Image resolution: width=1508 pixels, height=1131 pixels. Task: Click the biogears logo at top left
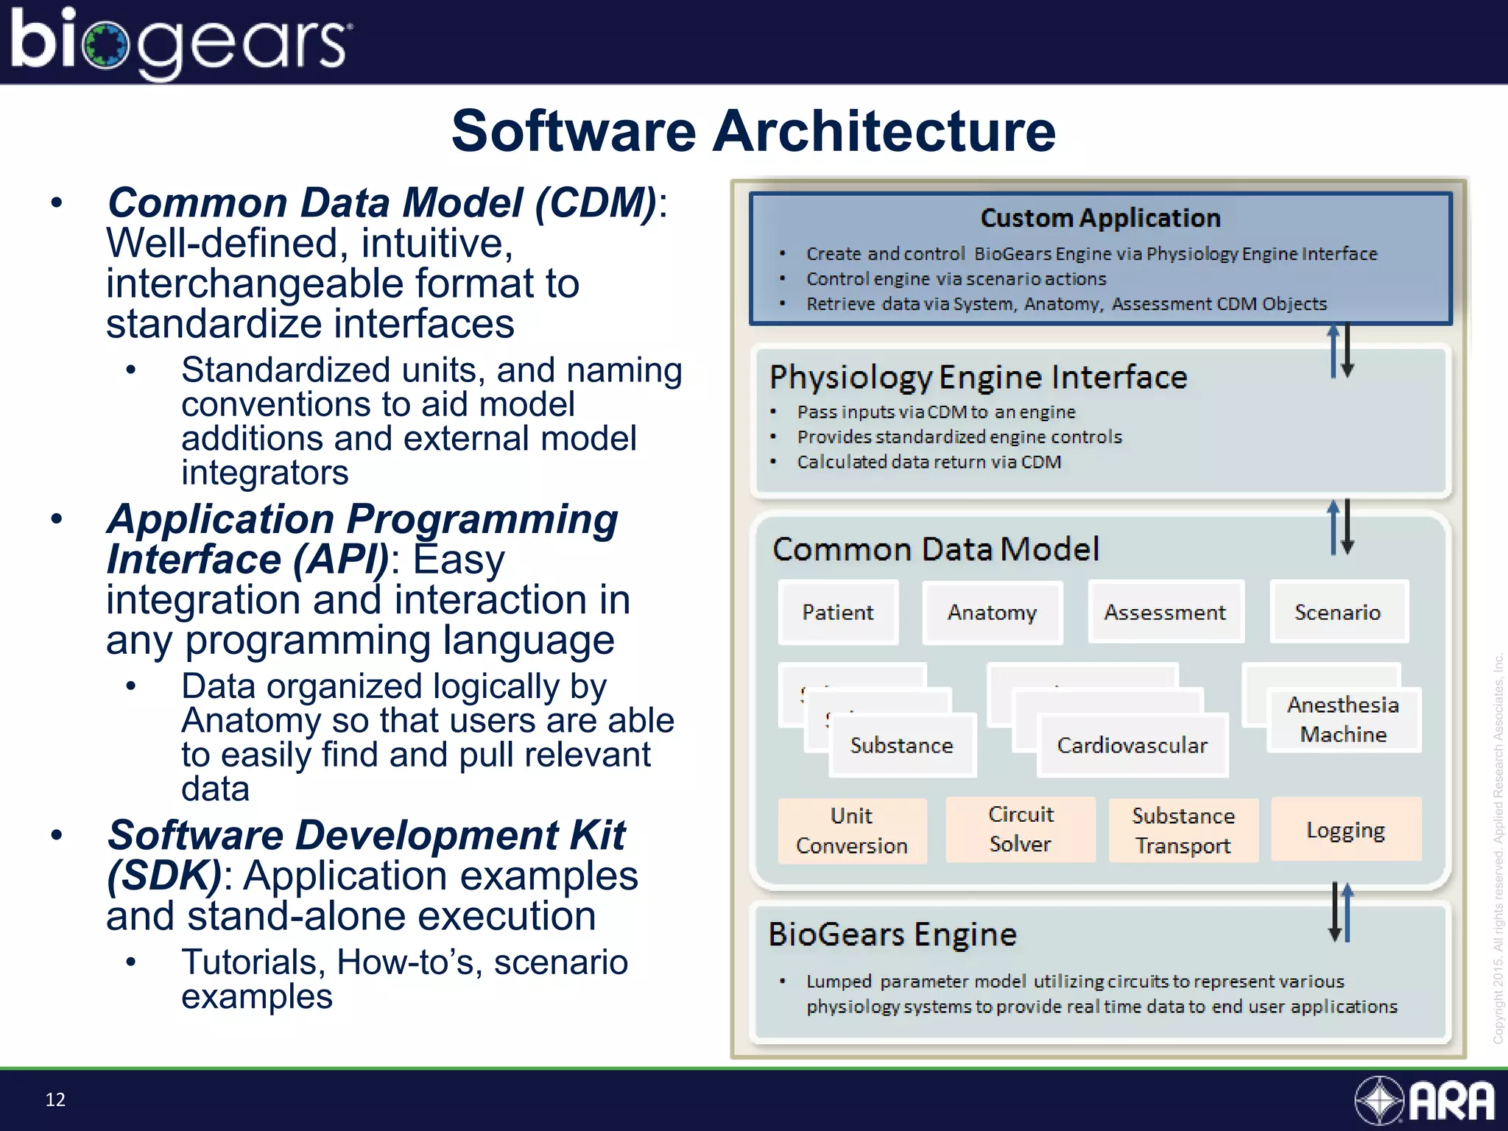tap(180, 42)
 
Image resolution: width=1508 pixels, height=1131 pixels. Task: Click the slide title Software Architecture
tap(753, 131)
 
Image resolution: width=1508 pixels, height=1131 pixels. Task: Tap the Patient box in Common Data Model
tap(838, 613)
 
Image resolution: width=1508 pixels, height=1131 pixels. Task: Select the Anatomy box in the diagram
tap(992, 613)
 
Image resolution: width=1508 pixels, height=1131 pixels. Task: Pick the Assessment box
tap(1165, 613)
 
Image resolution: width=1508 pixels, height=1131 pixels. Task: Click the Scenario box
tap(1338, 613)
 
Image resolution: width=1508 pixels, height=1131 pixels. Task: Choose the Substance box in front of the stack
tap(902, 745)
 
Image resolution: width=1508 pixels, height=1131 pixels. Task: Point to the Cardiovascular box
tap(1132, 745)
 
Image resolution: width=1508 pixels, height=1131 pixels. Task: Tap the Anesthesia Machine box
tap(1343, 719)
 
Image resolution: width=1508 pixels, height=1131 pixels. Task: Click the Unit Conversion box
tap(852, 831)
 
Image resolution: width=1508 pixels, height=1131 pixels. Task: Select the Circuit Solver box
tap(1021, 829)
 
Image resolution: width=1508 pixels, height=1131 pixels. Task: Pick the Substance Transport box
tap(1183, 831)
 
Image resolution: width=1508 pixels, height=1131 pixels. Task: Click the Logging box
tap(1345, 830)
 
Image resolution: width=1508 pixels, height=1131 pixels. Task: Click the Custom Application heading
tap(1100, 218)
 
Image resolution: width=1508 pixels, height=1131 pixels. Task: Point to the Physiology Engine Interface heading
tap(978, 377)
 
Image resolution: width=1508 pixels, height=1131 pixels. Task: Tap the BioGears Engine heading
tap(892, 934)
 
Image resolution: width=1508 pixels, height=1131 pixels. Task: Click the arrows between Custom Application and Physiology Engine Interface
tap(1341, 351)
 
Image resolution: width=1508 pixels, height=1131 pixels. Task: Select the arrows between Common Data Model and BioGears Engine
tap(1341, 912)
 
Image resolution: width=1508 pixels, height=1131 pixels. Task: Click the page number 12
tap(55, 1099)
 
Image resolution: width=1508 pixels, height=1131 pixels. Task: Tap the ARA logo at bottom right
tap(1425, 1100)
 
